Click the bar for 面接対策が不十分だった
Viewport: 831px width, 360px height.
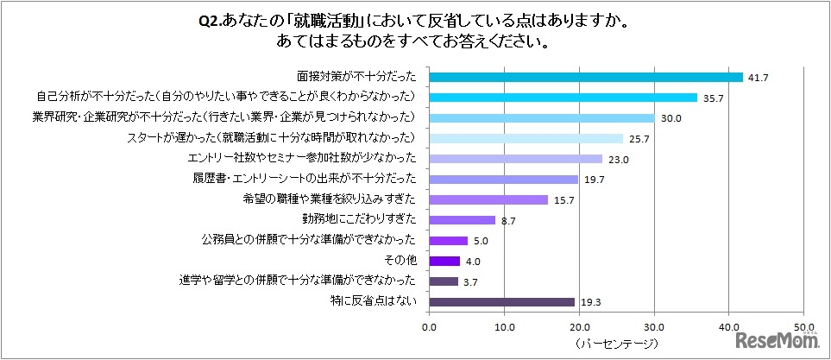tap(586, 77)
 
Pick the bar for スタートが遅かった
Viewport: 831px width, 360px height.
tap(526, 138)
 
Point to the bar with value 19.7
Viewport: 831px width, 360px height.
tap(503, 180)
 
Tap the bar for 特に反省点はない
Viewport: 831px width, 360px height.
tap(501, 302)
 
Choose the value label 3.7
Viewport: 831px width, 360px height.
tap(469, 281)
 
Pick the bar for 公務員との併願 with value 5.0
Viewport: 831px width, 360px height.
tap(448, 241)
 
